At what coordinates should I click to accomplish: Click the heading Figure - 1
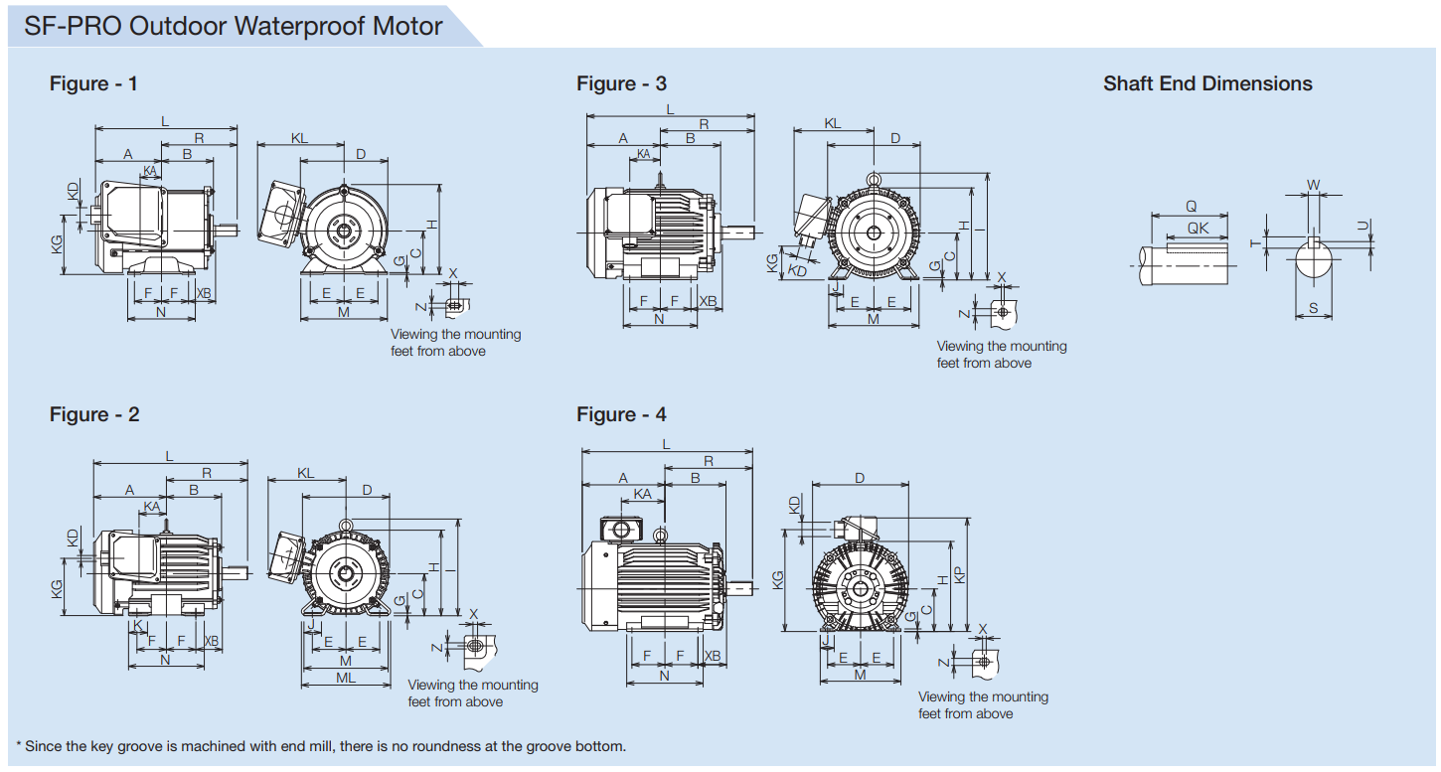coord(93,83)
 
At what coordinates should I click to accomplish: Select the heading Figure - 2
coord(94,414)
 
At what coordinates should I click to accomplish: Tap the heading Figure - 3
coord(621,83)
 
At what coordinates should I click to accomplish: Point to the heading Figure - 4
coord(621,414)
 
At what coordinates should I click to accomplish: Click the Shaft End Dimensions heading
coord(1207,83)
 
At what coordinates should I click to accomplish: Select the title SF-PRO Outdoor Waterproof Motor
coord(234,25)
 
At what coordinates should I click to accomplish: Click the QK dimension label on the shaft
coord(1199,228)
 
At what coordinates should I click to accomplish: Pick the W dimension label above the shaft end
coord(1313,185)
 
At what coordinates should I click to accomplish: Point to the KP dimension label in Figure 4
coord(959,574)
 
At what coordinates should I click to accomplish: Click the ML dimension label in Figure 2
coord(345,678)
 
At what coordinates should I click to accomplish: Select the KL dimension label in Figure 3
coord(833,123)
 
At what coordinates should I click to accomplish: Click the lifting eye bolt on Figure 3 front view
coord(873,179)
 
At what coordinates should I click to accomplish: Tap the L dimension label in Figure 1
coord(165,121)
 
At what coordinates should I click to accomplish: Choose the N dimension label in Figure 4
coord(664,676)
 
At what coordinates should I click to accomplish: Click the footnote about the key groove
coord(321,746)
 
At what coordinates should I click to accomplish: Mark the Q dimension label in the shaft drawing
coord(1191,207)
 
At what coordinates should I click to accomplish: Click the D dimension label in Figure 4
coord(860,478)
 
